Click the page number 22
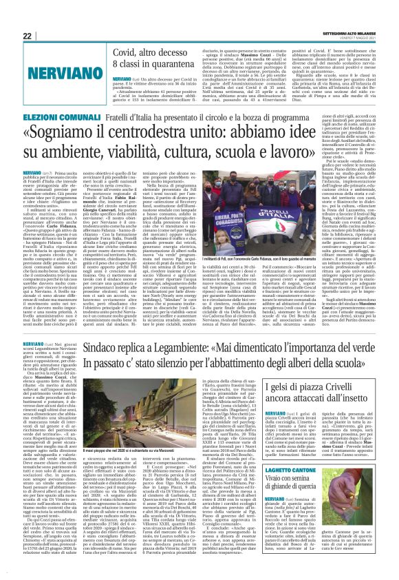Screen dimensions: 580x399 tap(28, 36)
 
